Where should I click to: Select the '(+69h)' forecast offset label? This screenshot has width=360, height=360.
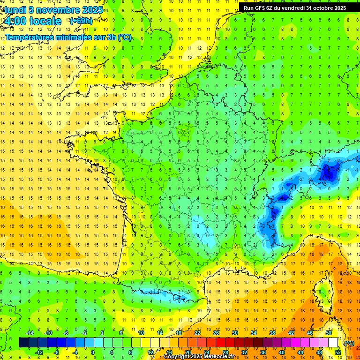click(x=81, y=21)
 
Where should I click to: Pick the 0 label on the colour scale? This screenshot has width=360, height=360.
click(x=93, y=352)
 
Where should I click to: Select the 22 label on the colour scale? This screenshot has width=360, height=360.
click(x=197, y=333)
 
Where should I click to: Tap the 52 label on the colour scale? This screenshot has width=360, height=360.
click(x=338, y=352)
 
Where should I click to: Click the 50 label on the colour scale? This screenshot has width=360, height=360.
click(x=329, y=333)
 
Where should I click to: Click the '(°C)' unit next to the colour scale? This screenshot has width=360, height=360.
click(x=349, y=343)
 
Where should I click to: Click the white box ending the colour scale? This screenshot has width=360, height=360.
click(x=333, y=343)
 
